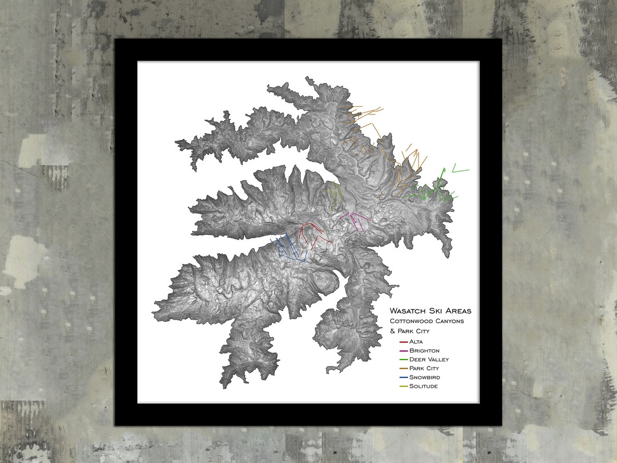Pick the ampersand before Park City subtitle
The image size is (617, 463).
click(x=392, y=331)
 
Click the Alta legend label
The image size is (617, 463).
click(x=416, y=341)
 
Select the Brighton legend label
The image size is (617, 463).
click(x=424, y=350)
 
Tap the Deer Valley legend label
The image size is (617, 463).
click(x=429, y=360)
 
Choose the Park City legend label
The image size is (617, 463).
click(x=424, y=369)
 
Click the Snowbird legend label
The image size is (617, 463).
click(x=424, y=377)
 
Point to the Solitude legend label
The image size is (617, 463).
click(x=424, y=386)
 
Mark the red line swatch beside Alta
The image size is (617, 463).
click(x=403, y=342)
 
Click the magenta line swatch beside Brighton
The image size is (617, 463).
click(x=403, y=350)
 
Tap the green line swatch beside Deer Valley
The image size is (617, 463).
click(x=403, y=360)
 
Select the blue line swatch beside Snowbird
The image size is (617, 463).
click(x=403, y=378)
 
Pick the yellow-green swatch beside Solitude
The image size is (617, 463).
click(x=403, y=387)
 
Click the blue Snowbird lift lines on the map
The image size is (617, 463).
click(x=291, y=249)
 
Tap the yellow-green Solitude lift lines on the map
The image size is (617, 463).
click(x=334, y=194)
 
